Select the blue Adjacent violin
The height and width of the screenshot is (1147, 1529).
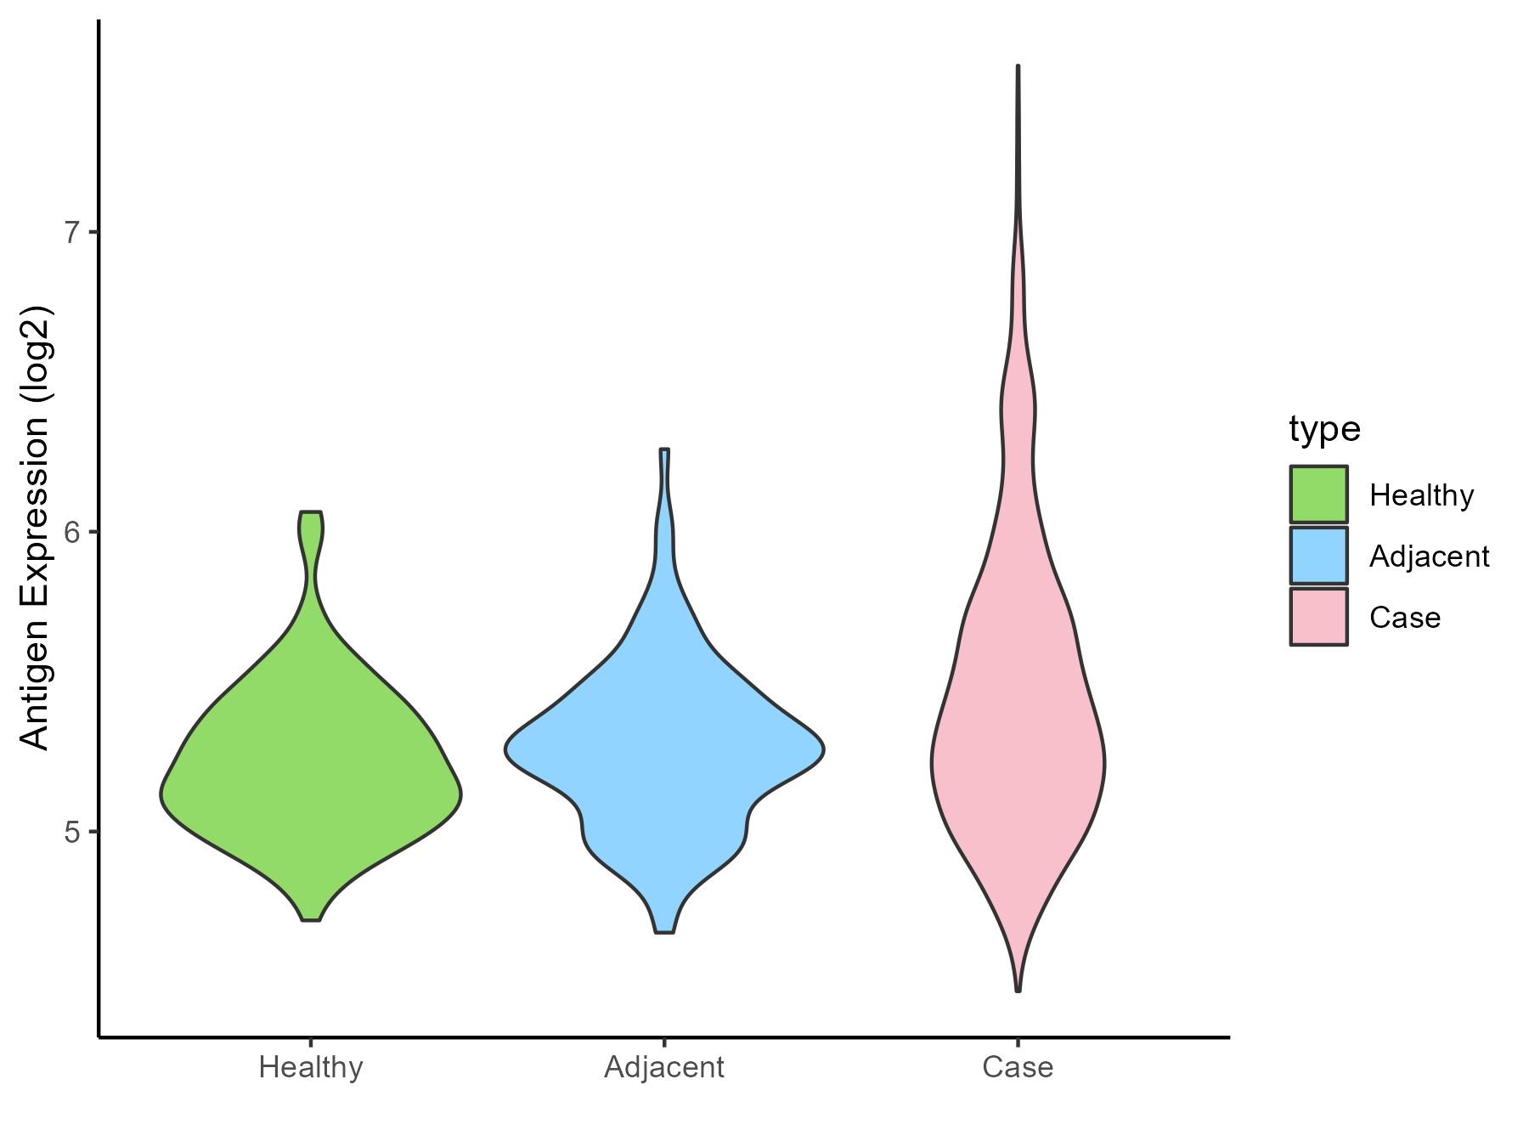point(664,748)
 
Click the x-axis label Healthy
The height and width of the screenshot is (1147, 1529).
point(311,1067)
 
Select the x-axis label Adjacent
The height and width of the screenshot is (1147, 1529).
point(664,1067)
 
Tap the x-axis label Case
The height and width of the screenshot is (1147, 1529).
point(1018,1067)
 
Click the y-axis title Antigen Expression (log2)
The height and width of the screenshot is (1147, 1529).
point(36,527)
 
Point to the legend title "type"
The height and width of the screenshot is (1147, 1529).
point(1324,429)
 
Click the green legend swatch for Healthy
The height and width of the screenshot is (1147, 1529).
point(1318,494)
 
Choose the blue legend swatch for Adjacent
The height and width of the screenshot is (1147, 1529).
point(1318,556)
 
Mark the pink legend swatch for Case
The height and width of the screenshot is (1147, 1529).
point(1318,617)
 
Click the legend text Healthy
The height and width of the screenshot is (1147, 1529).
point(1421,495)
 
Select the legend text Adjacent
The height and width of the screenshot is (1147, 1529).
point(1429,557)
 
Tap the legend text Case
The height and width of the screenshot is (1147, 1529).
point(1404,618)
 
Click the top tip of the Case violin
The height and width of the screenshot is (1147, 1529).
point(1018,66)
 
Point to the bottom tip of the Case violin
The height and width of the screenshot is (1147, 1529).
point(1018,990)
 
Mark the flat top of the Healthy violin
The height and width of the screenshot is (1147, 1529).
point(311,512)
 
